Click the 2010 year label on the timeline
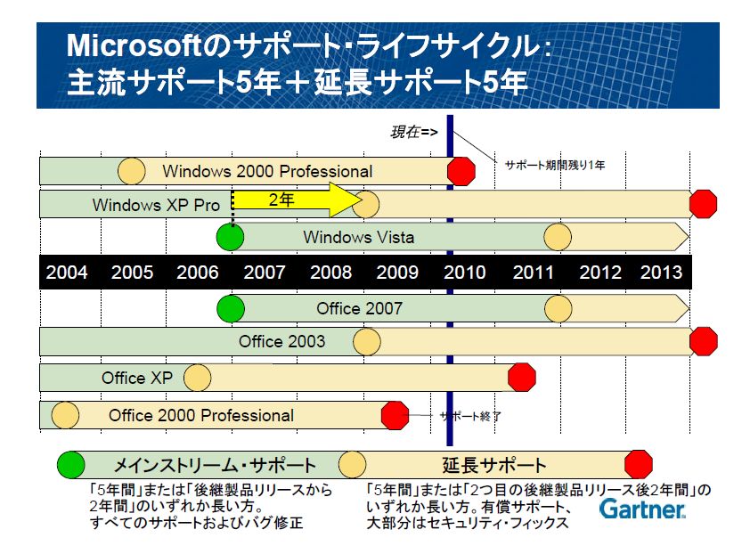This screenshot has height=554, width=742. [464, 273]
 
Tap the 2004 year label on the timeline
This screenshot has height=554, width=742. [66, 273]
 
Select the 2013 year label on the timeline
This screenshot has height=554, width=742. [661, 273]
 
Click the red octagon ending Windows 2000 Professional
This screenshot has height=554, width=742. [461, 171]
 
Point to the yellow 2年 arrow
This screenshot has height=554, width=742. [298, 200]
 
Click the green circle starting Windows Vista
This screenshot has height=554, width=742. [230, 237]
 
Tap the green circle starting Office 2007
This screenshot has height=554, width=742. [231, 309]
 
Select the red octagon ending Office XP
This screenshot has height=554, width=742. [521, 378]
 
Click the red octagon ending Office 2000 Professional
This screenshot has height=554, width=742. [395, 415]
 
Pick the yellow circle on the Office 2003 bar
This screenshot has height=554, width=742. [367, 342]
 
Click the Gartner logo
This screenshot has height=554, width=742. [642, 509]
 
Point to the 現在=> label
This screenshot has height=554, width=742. [413, 132]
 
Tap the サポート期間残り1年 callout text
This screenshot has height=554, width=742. [555, 165]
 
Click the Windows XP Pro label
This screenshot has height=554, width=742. [156, 206]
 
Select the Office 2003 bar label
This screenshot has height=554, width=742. [282, 342]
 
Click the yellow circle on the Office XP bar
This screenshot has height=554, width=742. [198, 378]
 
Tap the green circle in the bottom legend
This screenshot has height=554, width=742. [71, 465]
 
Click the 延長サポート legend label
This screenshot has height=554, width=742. [494, 465]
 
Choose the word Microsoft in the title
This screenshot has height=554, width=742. [134, 46]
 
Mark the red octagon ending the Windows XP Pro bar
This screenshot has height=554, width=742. [703, 204]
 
